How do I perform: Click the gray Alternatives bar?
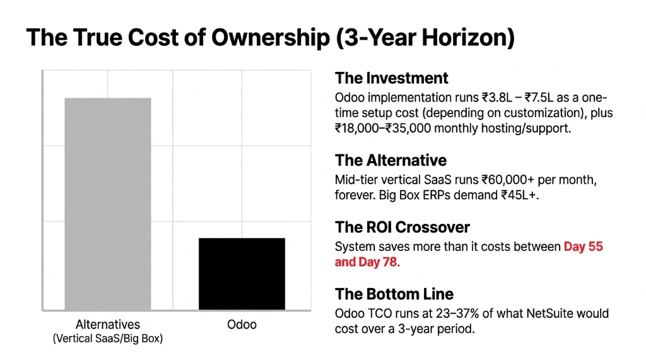[x=108, y=204]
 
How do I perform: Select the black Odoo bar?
[x=242, y=274]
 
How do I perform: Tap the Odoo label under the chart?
[x=242, y=325]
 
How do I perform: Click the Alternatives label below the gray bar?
[x=108, y=325]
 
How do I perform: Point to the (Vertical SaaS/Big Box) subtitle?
[x=107, y=339]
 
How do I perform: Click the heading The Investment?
[x=391, y=78]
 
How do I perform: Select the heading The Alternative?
[x=391, y=160]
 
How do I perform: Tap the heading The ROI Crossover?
[x=402, y=227]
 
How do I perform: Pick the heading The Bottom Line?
[x=394, y=294]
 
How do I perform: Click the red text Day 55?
[x=583, y=247]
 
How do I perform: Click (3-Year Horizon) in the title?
[x=425, y=38]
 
